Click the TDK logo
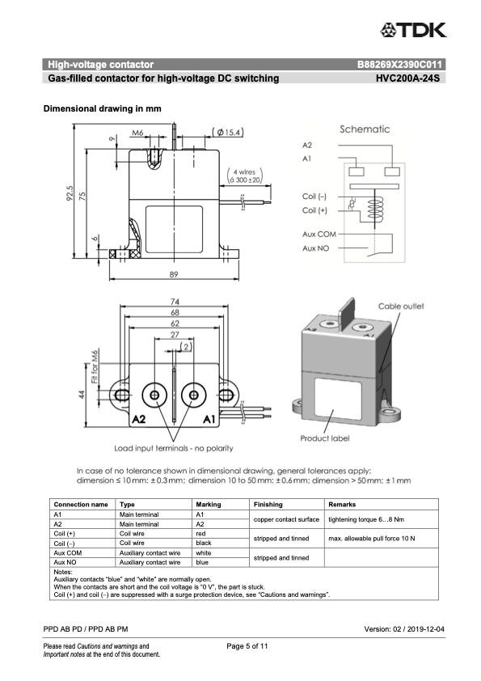click(413, 31)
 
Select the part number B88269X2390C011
click(400, 65)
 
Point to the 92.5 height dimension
click(70, 193)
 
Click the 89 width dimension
click(174, 274)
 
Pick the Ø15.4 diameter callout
click(228, 132)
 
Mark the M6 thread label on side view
click(137, 133)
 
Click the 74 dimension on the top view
click(175, 302)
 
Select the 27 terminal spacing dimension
click(175, 334)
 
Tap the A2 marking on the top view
click(138, 419)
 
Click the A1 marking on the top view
click(209, 419)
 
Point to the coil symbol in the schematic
click(375, 209)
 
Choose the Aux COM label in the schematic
click(319, 234)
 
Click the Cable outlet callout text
click(401, 307)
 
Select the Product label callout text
click(325, 438)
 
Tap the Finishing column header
click(268, 504)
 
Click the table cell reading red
click(200, 533)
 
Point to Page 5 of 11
click(247, 646)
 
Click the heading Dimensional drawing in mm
click(103, 108)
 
